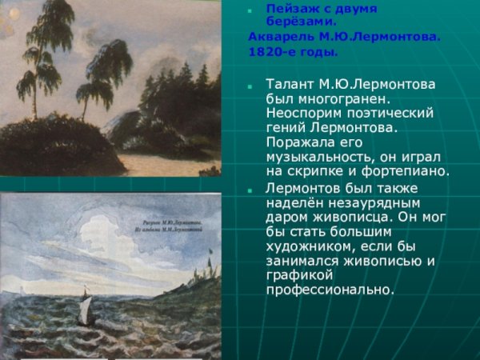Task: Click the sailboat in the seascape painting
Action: [84, 305]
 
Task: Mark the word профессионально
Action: [330, 290]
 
